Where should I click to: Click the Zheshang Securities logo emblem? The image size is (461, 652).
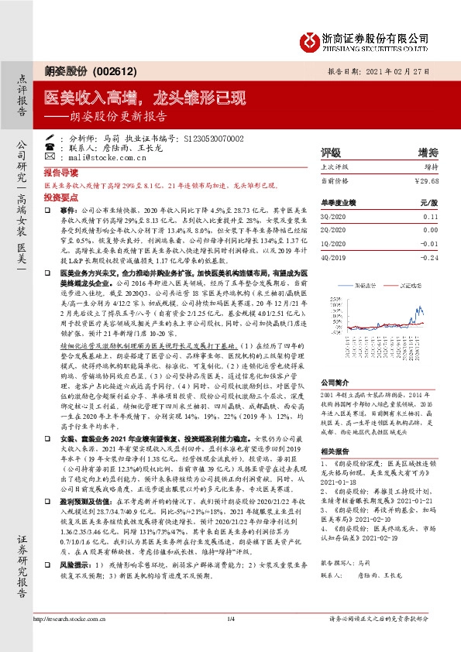point(308,40)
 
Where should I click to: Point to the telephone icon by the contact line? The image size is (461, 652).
point(50,147)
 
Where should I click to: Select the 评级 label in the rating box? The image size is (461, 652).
point(332,152)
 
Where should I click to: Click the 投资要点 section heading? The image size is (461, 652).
point(61,199)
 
